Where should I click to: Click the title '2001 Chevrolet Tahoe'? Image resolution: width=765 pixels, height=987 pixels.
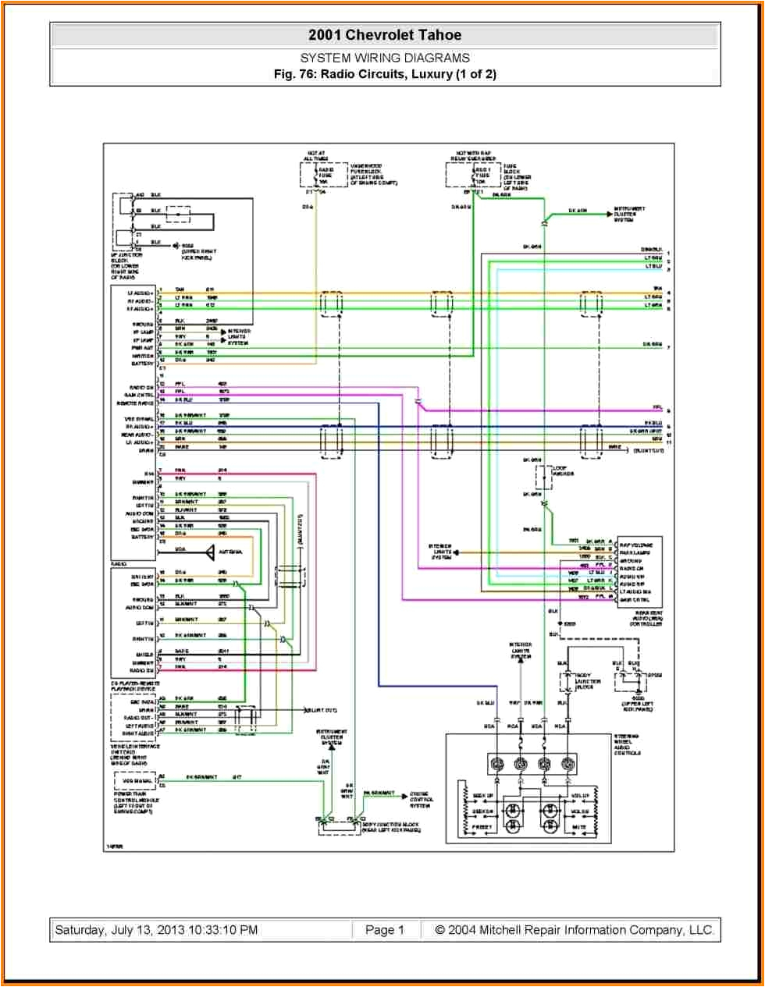[384, 35]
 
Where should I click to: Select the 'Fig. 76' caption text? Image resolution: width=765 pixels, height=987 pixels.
[384, 74]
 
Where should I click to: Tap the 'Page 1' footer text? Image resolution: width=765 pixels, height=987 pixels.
[384, 929]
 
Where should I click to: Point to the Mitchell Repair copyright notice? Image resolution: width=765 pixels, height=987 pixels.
[574, 929]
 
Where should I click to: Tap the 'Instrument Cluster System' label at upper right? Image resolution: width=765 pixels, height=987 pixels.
[629, 215]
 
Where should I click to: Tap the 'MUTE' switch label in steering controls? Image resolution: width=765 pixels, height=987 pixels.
[578, 826]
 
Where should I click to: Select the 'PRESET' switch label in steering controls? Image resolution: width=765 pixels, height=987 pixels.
[482, 826]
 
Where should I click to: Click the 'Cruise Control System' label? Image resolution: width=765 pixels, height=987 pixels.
[421, 799]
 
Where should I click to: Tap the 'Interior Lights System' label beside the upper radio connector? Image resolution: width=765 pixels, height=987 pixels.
[237, 337]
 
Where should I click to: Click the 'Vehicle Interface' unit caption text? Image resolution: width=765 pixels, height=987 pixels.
[134, 754]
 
